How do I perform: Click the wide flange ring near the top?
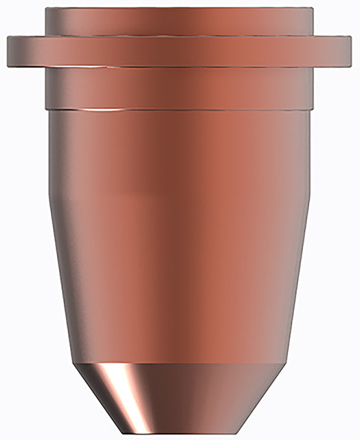[x=180, y=49]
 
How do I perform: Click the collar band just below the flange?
[x=180, y=86]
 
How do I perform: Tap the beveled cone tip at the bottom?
[x=180, y=399]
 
